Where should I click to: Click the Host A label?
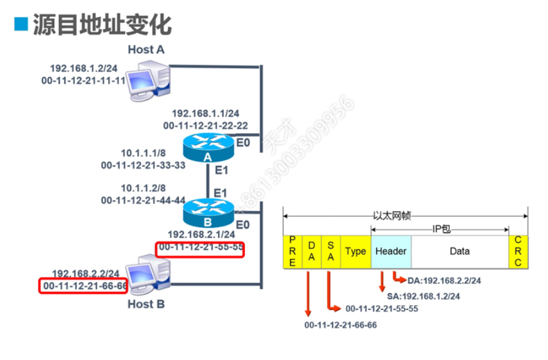coord(146,49)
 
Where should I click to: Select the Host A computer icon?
coord(147,83)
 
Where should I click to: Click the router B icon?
coord(208,212)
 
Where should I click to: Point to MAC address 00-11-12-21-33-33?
coord(143,165)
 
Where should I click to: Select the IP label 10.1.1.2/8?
coord(143,188)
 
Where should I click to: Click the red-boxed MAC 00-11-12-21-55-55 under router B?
coord(200,248)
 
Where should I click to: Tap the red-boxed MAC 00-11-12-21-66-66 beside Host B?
coord(84,285)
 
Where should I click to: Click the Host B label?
coord(146,305)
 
